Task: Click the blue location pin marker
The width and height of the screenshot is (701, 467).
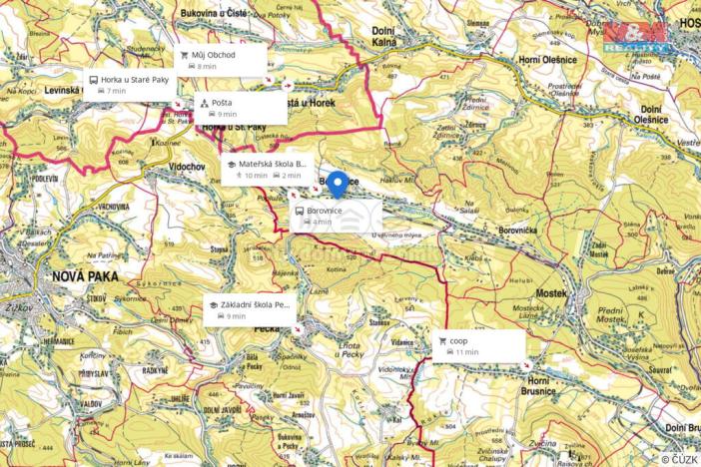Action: click(338, 184)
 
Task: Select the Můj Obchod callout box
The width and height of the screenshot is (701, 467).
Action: click(223, 60)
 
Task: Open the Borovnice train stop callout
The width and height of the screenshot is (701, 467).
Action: click(336, 216)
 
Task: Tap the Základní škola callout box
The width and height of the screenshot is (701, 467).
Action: click(251, 309)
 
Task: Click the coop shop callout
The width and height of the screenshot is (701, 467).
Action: click(479, 345)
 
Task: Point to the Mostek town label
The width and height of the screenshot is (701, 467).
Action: click(550, 293)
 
